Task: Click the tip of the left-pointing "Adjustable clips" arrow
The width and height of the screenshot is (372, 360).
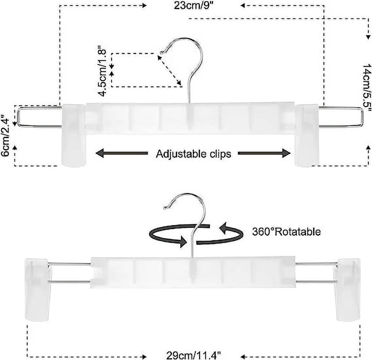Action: (96, 153)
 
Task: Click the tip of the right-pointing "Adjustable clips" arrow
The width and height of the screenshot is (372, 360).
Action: (290, 153)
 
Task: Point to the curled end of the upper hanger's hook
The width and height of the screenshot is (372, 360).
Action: (162, 52)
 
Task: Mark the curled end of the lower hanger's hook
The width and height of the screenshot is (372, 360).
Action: (165, 208)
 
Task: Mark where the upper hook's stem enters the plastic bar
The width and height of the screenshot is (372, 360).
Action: (189, 103)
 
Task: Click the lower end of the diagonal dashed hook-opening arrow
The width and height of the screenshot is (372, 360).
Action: (181, 85)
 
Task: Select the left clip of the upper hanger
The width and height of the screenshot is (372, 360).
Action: (74, 135)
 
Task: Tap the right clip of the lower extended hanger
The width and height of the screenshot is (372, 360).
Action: (347, 289)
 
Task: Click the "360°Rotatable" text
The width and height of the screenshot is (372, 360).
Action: (286, 231)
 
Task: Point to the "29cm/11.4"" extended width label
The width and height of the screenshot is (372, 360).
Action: (193, 356)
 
